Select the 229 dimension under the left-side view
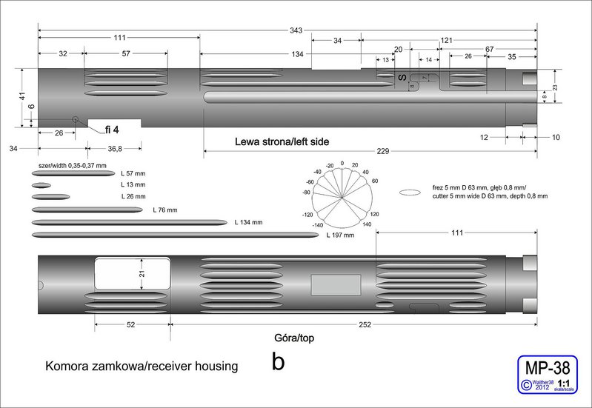coord(382,151)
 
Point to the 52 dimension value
coord(130,324)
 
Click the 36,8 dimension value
coord(114,149)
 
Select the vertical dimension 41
coord(22,96)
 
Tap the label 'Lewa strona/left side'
coord(282,141)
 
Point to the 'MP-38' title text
coord(546,368)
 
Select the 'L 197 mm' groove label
coord(340,235)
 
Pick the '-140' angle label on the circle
coord(318,224)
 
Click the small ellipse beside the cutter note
coord(410,193)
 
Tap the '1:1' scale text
coord(564,381)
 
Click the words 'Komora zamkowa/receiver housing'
coord(142,366)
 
